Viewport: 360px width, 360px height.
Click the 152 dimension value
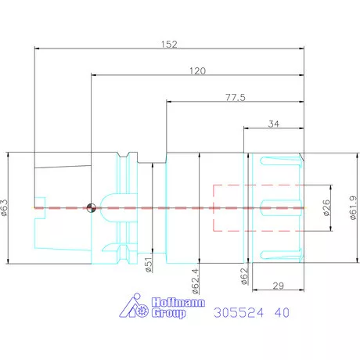(x=169, y=44)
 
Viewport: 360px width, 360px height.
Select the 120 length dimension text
(x=197, y=70)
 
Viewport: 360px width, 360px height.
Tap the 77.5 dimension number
(x=236, y=98)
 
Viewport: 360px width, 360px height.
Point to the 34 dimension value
(x=274, y=124)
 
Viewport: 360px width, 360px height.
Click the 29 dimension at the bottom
(x=279, y=286)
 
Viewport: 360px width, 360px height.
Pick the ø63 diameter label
(x=5, y=207)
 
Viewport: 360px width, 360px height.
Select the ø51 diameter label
(x=149, y=265)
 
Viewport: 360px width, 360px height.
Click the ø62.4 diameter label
(x=196, y=281)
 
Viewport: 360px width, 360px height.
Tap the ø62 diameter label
(x=244, y=275)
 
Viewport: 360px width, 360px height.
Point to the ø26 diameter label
(x=326, y=208)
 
